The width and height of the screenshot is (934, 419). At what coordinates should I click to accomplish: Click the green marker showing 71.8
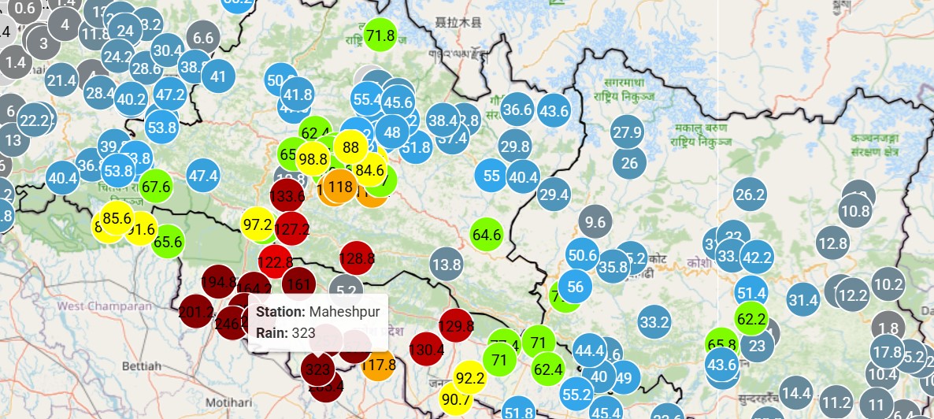click(x=380, y=35)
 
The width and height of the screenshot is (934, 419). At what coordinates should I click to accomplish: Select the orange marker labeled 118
click(x=340, y=187)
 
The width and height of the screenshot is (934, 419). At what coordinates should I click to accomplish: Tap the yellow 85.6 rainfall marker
click(x=117, y=218)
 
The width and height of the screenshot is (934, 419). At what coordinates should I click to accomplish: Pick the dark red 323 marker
click(x=318, y=369)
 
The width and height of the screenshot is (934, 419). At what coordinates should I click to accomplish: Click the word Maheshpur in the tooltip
click(x=344, y=312)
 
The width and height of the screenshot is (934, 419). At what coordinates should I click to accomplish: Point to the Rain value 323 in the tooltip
click(x=303, y=333)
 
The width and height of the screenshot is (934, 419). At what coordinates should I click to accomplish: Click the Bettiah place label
click(x=142, y=366)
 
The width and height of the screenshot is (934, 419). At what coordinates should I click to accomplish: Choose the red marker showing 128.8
click(x=356, y=258)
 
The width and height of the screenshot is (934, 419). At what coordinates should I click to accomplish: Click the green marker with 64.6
click(x=487, y=234)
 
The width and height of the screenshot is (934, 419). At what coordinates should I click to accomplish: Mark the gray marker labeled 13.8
click(x=446, y=265)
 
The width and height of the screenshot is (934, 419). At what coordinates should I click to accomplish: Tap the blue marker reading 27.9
click(x=627, y=132)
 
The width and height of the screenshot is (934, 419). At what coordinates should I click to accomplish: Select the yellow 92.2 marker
click(x=470, y=379)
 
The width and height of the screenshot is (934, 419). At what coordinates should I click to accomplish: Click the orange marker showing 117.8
click(x=380, y=365)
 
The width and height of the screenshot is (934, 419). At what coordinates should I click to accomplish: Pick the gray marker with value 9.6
click(x=596, y=222)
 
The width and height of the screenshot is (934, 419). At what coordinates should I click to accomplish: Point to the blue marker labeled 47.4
click(x=203, y=176)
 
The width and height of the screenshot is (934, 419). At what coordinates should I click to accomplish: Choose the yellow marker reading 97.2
click(x=258, y=224)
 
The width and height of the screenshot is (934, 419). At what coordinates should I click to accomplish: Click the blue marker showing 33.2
click(x=654, y=322)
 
